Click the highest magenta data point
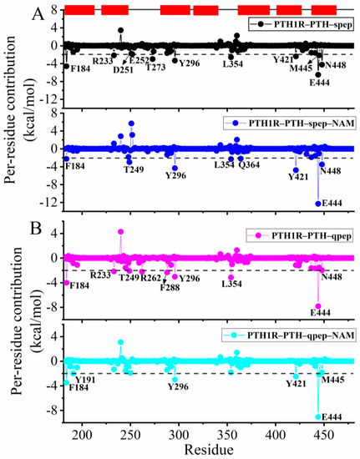coord(120,231)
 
